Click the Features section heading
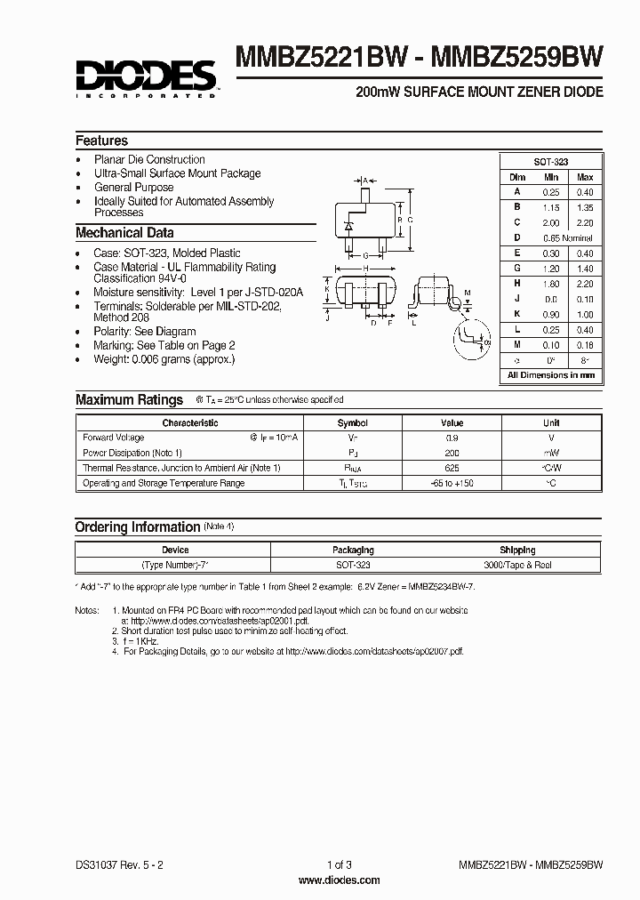click(101, 141)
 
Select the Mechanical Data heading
click(124, 233)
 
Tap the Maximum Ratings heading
click(129, 400)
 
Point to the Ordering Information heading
click(137, 527)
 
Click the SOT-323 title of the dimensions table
click(551, 162)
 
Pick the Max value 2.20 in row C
click(584, 223)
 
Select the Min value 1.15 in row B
click(551, 207)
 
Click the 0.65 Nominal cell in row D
click(567, 238)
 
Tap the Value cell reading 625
click(452, 468)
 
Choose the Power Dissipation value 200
click(452, 453)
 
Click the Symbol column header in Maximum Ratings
click(353, 423)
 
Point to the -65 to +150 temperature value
click(452, 483)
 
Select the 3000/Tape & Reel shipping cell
click(517, 565)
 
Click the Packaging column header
click(353, 550)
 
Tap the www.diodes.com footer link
click(326, 880)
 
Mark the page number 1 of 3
click(326, 865)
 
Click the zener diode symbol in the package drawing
click(348, 224)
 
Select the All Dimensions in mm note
click(551, 376)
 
